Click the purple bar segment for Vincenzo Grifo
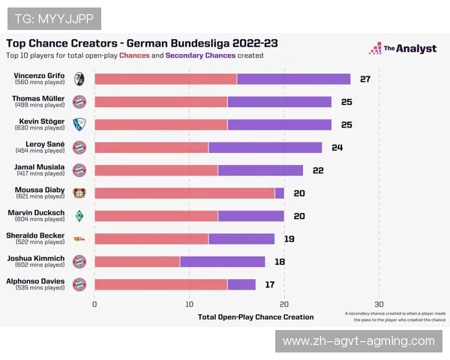293,79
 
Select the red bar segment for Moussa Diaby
184,193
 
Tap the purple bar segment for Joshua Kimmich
222,262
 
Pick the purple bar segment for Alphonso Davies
241,284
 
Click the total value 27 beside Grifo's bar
365,79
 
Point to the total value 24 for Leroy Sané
337,147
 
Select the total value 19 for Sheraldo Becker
289,238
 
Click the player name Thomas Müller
37,98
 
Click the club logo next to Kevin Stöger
79,124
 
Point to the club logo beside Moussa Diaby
79,193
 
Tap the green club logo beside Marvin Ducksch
79,216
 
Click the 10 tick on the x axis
190,304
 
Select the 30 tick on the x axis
379,304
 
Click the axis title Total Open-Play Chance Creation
256,316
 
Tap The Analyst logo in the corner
402,49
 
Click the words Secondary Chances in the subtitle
200,55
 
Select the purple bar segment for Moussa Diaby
280,193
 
